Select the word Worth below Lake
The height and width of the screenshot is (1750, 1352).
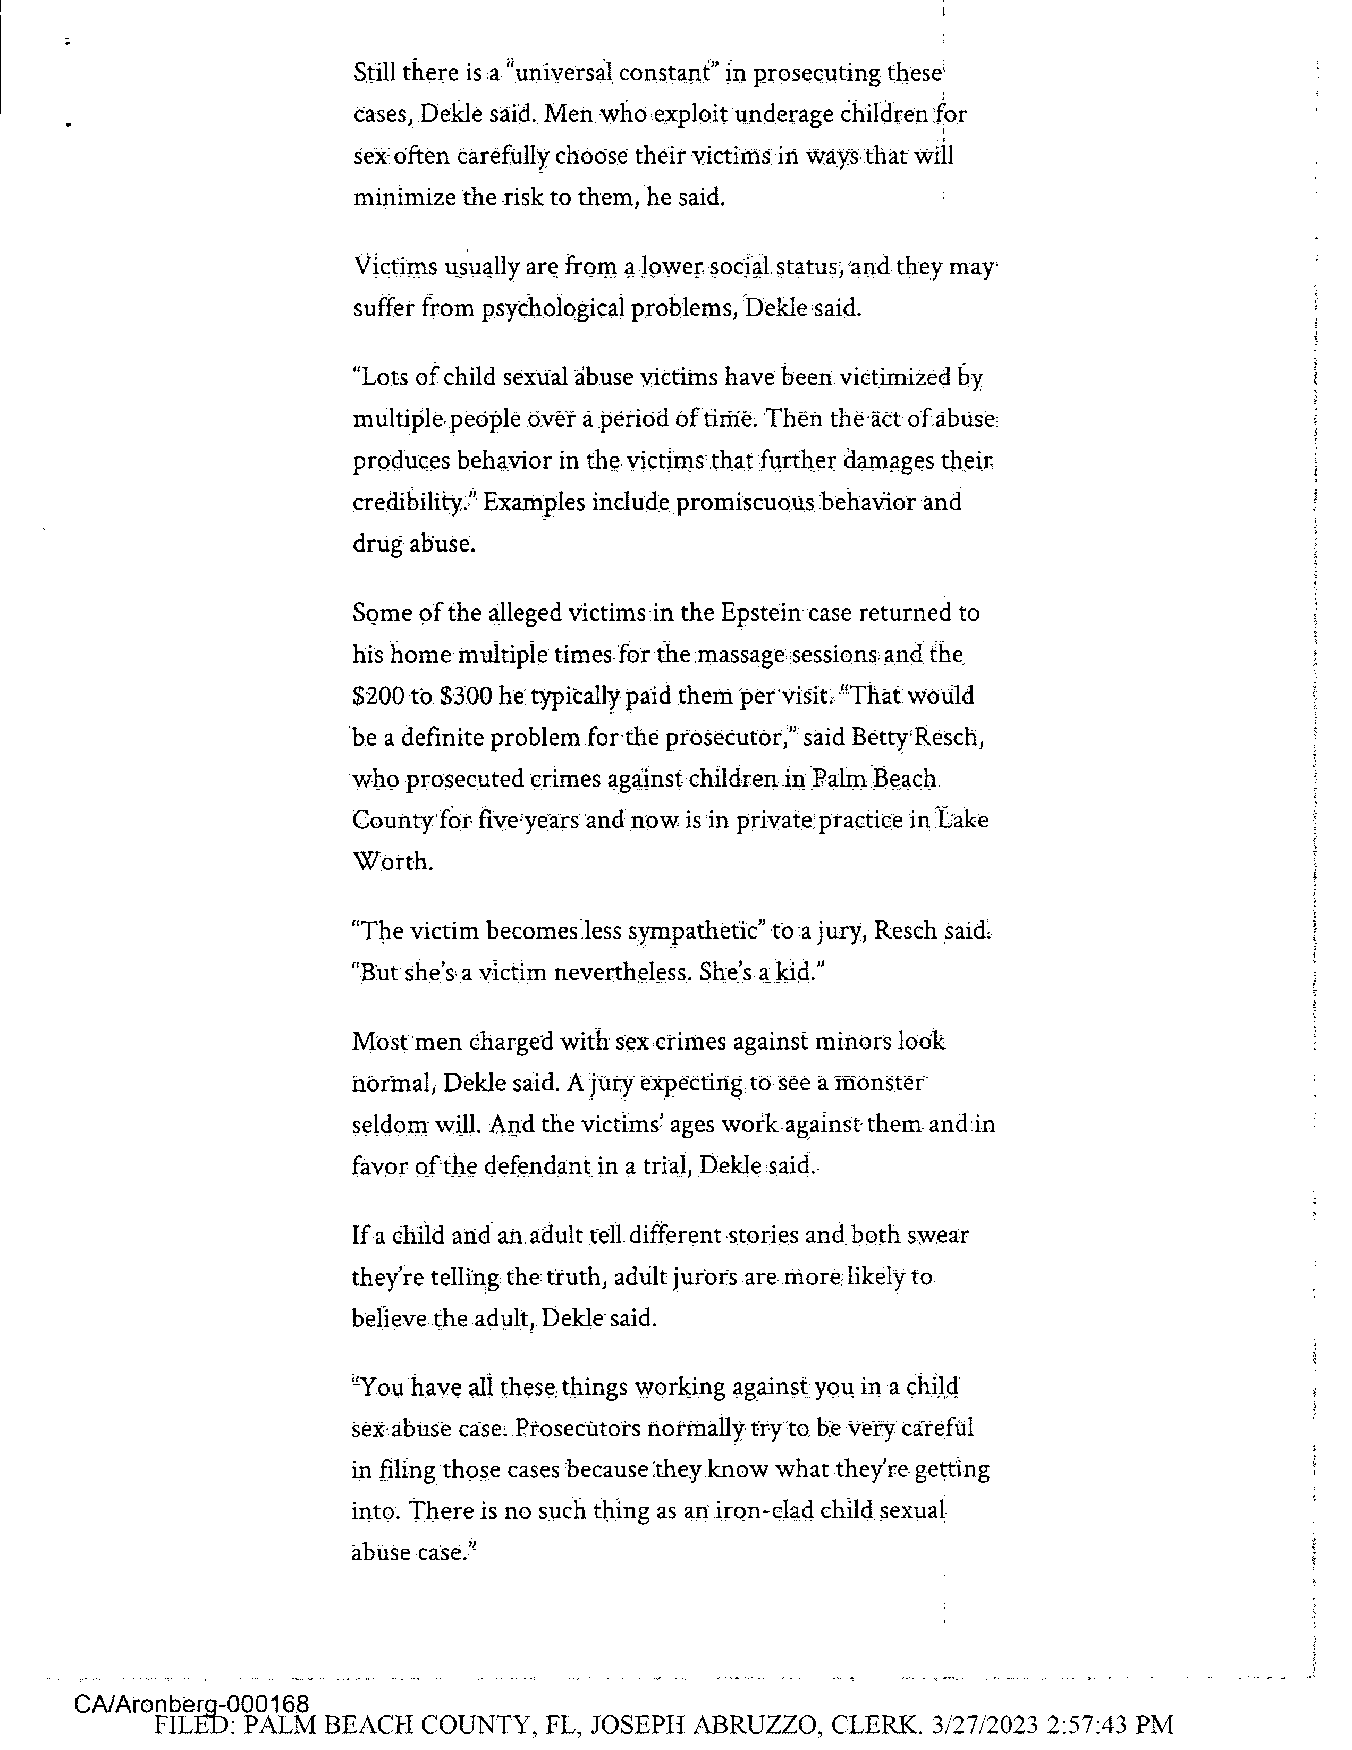(x=393, y=862)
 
